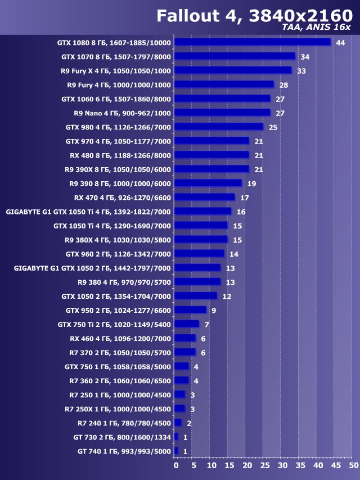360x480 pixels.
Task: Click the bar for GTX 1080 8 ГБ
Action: coord(253,42)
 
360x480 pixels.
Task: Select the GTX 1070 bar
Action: coord(235,56)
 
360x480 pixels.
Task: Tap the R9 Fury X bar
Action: coord(233,70)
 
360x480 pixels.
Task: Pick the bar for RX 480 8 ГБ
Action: coord(211,155)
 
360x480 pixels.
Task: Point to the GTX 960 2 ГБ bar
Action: coord(199,253)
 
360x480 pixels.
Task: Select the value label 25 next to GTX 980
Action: coord(273,127)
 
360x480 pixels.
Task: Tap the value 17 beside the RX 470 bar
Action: coord(244,198)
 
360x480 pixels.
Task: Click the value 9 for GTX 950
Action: coord(214,310)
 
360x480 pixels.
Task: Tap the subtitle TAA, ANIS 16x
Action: coord(318,28)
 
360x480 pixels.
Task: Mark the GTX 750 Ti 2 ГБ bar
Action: coord(187,324)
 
